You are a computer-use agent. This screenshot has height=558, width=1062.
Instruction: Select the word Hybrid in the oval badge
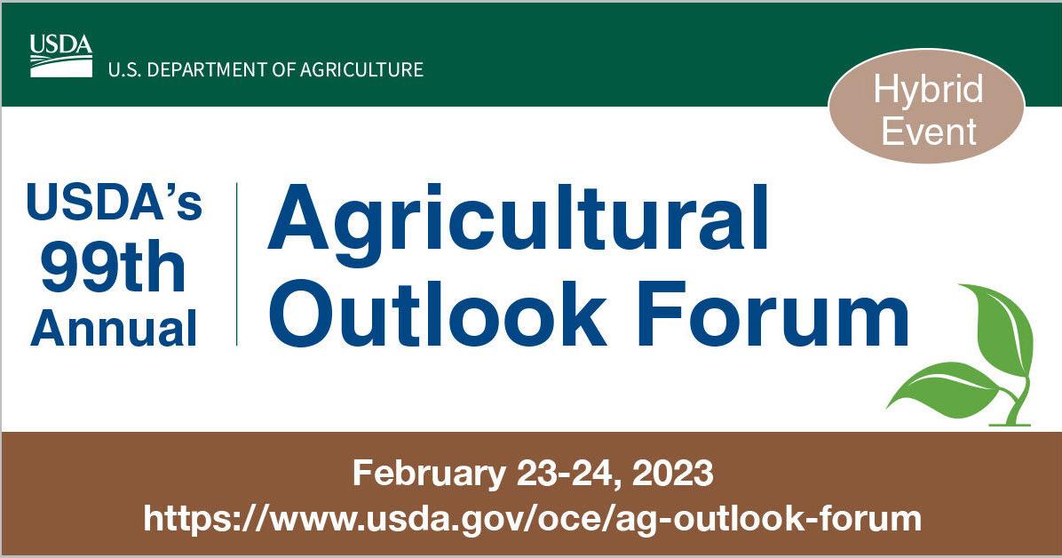tap(928, 90)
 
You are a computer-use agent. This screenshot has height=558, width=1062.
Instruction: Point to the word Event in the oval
tap(929, 131)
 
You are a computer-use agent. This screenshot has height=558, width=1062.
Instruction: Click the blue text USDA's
tap(114, 203)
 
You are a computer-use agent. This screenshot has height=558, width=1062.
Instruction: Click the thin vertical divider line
tap(237, 264)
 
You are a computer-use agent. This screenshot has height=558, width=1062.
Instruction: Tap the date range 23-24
tap(565, 474)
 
